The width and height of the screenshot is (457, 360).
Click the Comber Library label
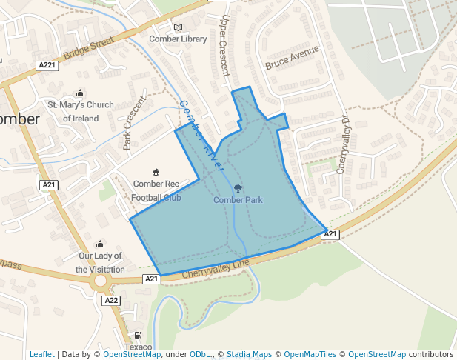pos(178,39)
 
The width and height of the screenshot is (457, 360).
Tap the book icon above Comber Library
pos(178,27)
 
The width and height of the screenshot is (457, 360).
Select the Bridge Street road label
pos(89,50)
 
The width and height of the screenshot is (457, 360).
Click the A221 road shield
pos(47,65)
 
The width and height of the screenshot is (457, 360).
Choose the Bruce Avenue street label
pos(292,58)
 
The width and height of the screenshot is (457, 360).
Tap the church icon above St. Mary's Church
pos(81,93)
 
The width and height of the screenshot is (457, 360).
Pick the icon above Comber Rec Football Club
pos(156,172)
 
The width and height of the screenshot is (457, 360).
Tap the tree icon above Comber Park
pos(238,188)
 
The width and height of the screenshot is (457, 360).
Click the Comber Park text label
pos(238,200)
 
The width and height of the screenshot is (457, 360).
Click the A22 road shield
pos(111,301)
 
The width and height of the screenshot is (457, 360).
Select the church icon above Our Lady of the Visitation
pos(100,244)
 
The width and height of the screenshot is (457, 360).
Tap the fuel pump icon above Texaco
pos(137,336)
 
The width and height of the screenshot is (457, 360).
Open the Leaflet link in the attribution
pos(41,354)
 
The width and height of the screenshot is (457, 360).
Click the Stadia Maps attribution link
pos(250,354)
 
